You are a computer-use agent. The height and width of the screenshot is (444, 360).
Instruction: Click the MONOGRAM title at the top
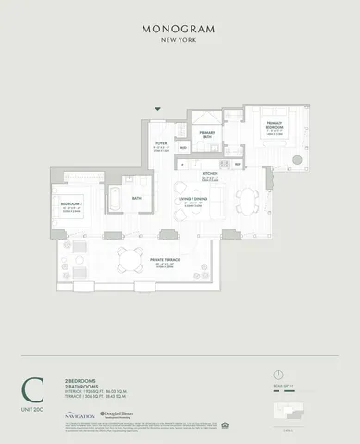click(180, 29)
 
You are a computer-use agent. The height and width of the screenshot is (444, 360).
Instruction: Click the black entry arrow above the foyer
click(158, 109)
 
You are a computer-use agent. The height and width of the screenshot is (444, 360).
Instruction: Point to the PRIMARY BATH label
click(206, 135)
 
